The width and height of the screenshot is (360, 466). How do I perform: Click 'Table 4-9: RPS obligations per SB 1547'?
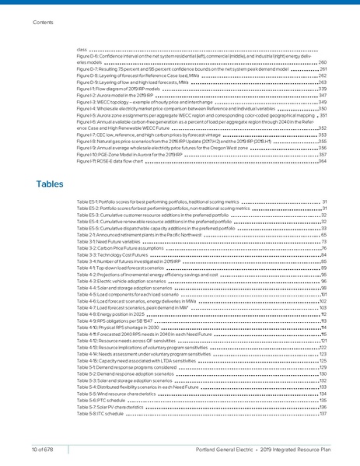click(113, 321)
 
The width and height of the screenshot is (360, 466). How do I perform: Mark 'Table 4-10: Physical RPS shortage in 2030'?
click(115, 328)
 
